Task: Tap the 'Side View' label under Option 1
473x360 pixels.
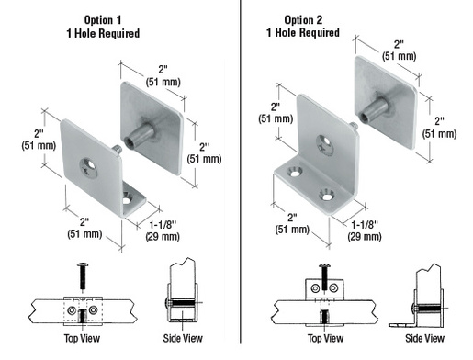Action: tap(184, 338)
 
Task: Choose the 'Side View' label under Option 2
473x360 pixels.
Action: tap(431, 338)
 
